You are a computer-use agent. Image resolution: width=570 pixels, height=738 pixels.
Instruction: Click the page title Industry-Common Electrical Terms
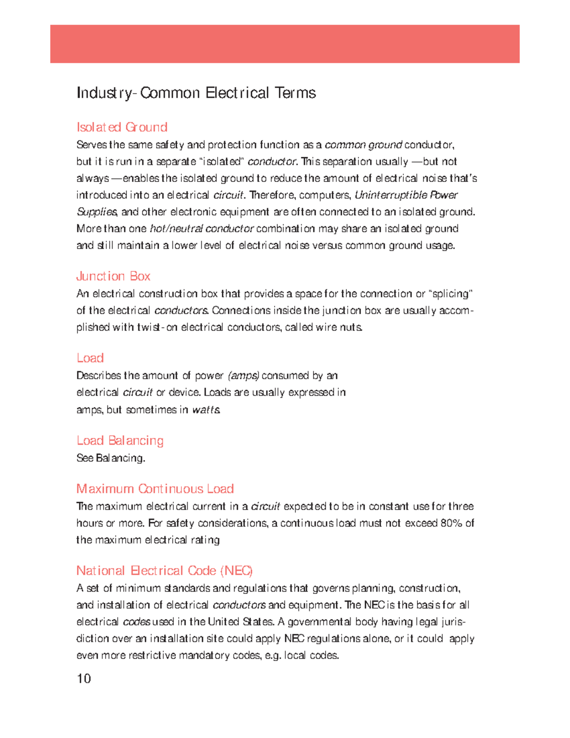pyautogui.click(x=196, y=93)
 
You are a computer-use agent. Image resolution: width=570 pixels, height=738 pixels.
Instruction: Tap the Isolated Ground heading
pyautogui.click(x=122, y=127)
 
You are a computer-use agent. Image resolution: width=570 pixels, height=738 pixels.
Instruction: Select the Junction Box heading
pyautogui.click(x=113, y=276)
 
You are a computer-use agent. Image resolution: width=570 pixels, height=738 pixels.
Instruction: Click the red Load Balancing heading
pyautogui.click(x=120, y=441)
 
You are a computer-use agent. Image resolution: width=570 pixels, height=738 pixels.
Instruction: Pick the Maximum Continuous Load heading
pyautogui.click(x=155, y=489)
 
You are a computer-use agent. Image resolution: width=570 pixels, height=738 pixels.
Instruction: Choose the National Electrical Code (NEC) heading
pyautogui.click(x=164, y=571)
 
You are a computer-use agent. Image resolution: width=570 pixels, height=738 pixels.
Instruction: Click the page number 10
pyautogui.click(x=84, y=679)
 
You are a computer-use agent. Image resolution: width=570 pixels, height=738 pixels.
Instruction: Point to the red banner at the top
pyautogui.click(x=285, y=44)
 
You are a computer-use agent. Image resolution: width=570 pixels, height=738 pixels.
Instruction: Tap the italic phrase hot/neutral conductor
pyautogui.click(x=201, y=229)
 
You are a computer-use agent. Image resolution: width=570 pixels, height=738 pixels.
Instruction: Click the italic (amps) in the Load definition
pyautogui.click(x=243, y=376)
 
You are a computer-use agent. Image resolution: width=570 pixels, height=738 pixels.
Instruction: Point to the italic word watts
pyautogui.click(x=206, y=410)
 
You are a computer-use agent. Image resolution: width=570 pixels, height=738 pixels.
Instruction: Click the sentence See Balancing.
pyautogui.click(x=111, y=458)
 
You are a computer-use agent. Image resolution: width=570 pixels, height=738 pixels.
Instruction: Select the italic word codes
pyautogui.click(x=137, y=622)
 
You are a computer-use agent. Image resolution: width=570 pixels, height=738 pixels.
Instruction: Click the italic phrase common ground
pyautogui.click(x=363, y=145)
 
